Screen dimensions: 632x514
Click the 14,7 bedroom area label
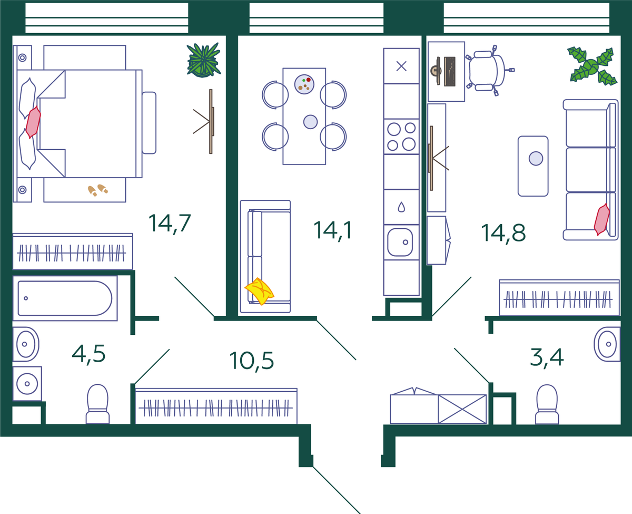(x=170, y=224)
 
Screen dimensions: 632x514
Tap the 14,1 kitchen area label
(x=333, y=230)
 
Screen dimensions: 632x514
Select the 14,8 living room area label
(x=503, y=233)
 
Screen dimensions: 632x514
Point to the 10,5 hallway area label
(x=252, y=361)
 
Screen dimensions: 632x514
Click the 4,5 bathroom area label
(x=88, y=354)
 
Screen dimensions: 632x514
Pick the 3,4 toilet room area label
(x=547, y=358)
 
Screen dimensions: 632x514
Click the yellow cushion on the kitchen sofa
(x=259, y=292)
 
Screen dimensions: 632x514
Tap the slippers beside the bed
(x=98, y=190)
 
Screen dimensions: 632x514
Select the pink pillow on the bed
(x=33, y=122)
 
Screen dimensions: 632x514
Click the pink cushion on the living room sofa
(x=602, y=219)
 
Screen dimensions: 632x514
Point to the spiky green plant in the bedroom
(x=203, y=60)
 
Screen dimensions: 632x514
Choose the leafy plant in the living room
(x=592, y=66)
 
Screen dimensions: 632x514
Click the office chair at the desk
(x=489, y=71)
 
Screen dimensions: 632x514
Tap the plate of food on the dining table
(x=304, y=84)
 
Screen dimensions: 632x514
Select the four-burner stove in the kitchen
(x=401, y=137)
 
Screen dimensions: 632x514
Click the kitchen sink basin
(x=400, y=243)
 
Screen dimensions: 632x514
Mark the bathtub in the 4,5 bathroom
(x=65, y=298)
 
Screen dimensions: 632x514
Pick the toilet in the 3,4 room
(x=547, y=404)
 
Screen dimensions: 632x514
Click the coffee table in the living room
(x=533, y=166)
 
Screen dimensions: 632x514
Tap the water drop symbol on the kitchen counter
(x=401, y=207)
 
